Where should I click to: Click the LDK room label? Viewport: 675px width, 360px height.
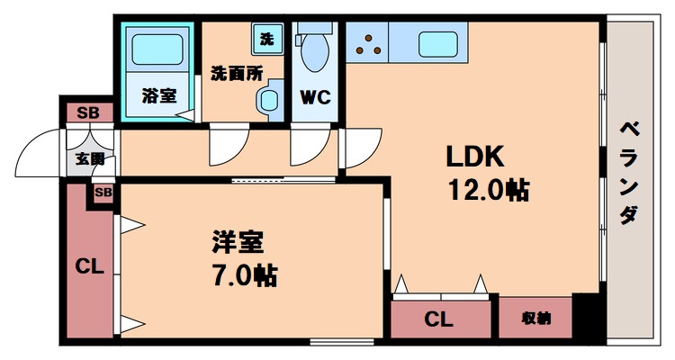coord(476,157)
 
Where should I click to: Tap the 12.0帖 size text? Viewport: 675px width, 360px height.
coord(488,190)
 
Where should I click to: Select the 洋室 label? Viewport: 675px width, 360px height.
coord(238,242)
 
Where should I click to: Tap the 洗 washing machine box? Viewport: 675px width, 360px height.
coord(266,39)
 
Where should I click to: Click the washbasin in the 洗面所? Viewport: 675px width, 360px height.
coord(267,102)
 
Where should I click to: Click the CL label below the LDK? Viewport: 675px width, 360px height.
coord(438,319)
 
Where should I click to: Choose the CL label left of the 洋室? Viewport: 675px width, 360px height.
coord(88,265)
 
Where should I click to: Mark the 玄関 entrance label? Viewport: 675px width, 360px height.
coord(88,159)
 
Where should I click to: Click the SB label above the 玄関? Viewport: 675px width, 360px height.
coord(88,113)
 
